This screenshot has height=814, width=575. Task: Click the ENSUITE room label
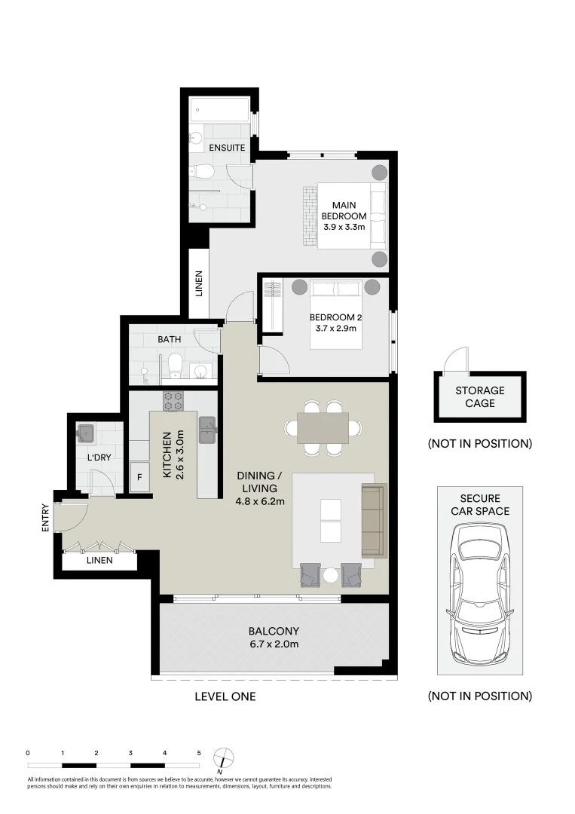pos(227,148)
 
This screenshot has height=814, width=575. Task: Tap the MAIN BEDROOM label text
pos(344,210)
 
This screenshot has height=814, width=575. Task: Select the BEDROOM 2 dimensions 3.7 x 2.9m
pos(336,328)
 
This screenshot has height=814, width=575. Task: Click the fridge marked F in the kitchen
pos(139,477)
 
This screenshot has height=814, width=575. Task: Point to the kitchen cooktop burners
pos(173,401)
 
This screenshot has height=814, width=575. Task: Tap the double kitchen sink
pos(207,430)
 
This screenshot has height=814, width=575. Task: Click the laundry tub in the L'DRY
pos(86,433)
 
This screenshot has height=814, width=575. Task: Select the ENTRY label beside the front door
pos(45,518)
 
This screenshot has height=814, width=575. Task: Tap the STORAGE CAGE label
pos(480,396)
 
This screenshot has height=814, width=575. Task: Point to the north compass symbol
pos(224,758)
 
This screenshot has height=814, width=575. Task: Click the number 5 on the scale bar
pos(199,753)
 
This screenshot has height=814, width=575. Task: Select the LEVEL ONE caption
pos(225,696)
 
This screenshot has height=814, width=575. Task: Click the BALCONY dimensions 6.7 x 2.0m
pos(274,644)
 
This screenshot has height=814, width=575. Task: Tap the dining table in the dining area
pos(323,428)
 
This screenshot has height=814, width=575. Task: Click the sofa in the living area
pos(375,519)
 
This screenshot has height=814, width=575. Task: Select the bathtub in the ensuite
pos(220,110)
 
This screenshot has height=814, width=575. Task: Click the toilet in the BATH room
pos(176,364)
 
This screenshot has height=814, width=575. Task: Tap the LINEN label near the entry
pos(99,560)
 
